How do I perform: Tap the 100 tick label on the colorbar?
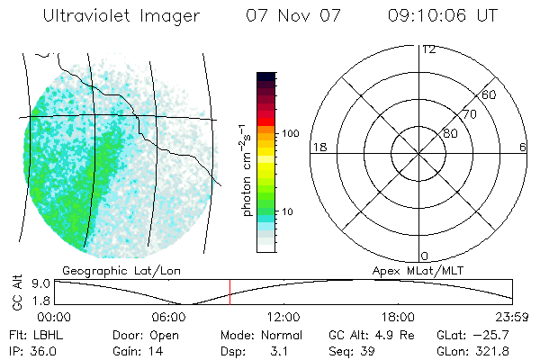(290, 133)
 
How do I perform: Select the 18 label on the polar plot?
(319, 147)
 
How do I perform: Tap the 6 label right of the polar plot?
(523, 147)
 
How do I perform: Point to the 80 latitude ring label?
(450, 133)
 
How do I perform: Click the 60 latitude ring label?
(489, 94)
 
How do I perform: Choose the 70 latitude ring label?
(469, 114)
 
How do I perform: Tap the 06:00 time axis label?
(169, 317)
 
